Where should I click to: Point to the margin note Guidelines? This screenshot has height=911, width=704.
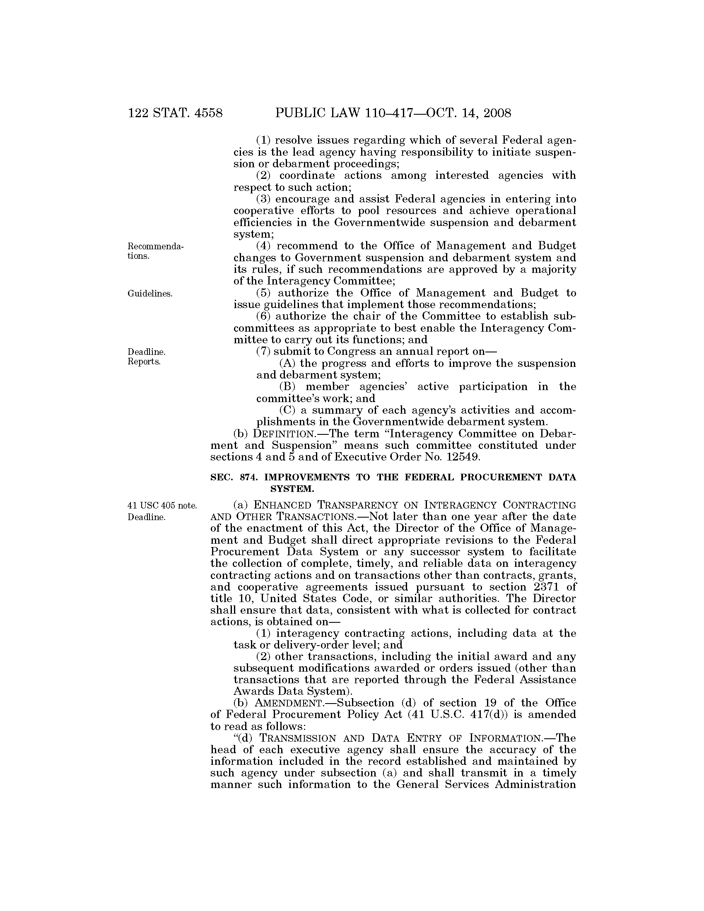click(150, 294)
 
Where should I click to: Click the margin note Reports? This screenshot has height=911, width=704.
click(144, 362)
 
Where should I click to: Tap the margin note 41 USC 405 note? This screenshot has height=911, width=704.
click(162, 506)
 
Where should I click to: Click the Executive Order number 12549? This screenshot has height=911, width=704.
click(461, 457)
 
